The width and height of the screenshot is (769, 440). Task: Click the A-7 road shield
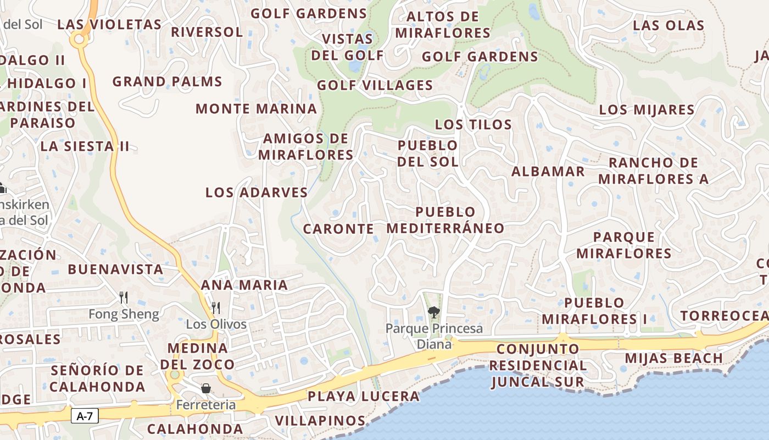pos(85,416)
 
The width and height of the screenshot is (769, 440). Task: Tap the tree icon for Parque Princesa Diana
pos(433,312)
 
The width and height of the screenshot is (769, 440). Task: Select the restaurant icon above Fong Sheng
pos(124,298)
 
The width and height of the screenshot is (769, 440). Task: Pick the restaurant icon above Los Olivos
pos(216,307)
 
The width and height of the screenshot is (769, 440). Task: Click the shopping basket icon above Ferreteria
pos(206,388)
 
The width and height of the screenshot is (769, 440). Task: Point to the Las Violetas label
pos(109,25)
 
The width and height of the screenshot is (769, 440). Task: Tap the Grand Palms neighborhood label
pos(167,82)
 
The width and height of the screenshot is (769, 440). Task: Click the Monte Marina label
pos(257,108)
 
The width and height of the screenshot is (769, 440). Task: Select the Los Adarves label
pos(257,193)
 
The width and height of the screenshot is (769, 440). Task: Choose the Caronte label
pos(338,229)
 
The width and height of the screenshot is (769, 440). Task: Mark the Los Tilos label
pos(473,125)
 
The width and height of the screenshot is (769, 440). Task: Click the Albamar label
pos(548,172)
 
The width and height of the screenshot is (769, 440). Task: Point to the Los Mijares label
pos(647,109)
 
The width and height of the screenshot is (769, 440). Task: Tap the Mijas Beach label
pos(674,358)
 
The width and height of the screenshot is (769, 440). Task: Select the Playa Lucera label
pos(363,396)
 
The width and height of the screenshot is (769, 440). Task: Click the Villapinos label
pos(320,421)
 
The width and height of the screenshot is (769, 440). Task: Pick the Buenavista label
pos(115,269)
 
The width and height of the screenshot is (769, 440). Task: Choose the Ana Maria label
pos(244,285)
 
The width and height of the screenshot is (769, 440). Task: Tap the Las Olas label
pos(668,25)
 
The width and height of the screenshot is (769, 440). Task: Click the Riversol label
pos(207,32)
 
